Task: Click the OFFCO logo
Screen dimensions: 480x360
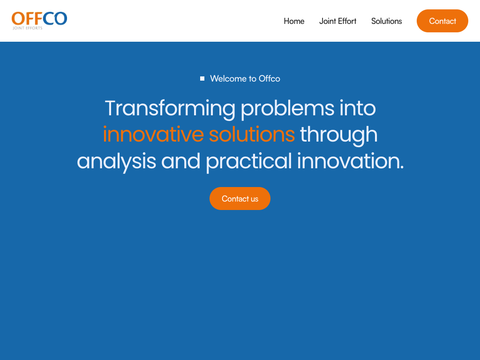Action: [39, 21]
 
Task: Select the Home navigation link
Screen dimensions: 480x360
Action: [294, 21]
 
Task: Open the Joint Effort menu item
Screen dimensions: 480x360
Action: [337, 21]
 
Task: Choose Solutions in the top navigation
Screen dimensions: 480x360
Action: [386, 21]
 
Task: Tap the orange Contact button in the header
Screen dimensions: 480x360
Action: [442, 21]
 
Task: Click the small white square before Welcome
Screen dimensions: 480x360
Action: [202, 79]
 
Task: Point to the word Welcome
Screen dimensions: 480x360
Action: [228, 79]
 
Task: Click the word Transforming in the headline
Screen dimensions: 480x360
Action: [170, 109]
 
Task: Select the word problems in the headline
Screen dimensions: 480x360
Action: [287, 109]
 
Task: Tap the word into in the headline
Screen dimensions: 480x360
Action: [358, 108]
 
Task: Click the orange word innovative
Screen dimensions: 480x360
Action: [153, 135]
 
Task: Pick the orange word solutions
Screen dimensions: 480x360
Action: [252, 135]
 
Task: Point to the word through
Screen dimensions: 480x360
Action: [338, 135]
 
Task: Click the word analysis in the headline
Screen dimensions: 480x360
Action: [116, 162]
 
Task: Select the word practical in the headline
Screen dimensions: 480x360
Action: [249, 162]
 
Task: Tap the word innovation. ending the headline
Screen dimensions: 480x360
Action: [351, 161]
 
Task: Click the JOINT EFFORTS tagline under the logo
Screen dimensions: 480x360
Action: [28, 28]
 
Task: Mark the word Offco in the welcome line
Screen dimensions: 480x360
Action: [270, 79]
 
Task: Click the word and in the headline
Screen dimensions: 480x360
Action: [180, 161]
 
